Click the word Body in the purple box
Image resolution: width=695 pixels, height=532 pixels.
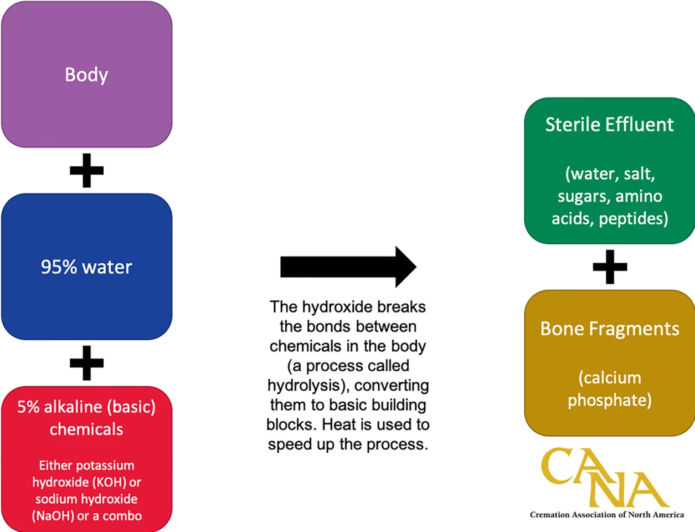(86, 75)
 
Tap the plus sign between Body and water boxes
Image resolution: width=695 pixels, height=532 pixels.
(86, 170)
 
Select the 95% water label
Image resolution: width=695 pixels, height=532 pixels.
(86, 267)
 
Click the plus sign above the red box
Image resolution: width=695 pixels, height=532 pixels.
(86, 363)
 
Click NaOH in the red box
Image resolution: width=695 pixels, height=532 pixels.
(53, 516)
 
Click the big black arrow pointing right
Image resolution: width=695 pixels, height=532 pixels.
(348, 267)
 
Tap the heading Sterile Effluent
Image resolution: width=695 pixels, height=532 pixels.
(609, 125)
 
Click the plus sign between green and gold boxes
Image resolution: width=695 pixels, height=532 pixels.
(610, 267)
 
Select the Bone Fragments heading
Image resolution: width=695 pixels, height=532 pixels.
(609, 329)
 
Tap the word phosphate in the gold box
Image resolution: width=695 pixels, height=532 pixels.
(609, 400)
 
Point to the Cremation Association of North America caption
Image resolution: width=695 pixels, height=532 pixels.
(606, 515)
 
